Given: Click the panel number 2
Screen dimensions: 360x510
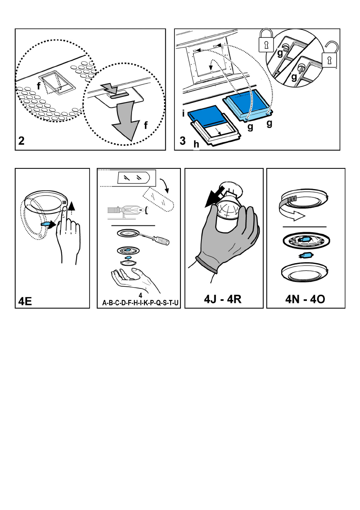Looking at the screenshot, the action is click(21, 141).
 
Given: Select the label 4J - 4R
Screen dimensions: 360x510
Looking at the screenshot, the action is click(223, 299).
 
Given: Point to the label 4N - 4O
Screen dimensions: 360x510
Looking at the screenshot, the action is click(305, 299).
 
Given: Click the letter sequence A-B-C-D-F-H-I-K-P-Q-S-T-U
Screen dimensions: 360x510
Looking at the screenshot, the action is click(141, 303).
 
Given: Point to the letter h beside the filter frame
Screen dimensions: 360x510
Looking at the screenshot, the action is click(196, 145).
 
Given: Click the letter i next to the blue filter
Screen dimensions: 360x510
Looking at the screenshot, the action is click(183, 115).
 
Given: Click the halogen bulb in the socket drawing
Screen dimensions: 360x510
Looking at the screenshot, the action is click(132, 210).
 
